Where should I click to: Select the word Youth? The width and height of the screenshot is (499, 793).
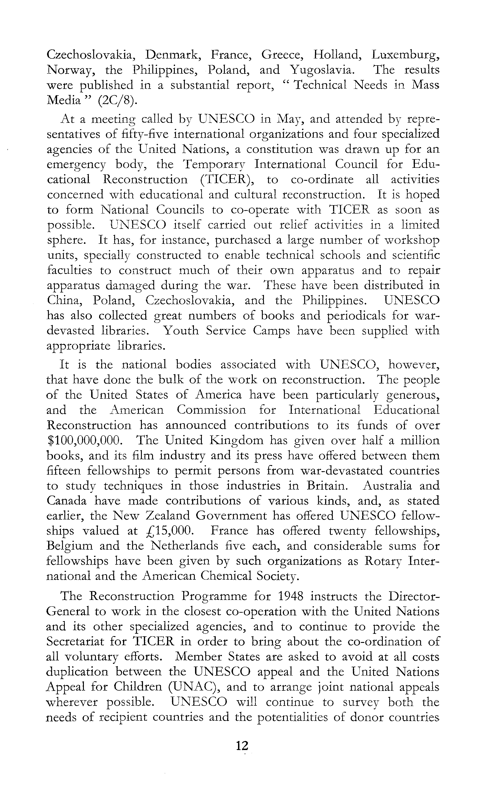(181, 330)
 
